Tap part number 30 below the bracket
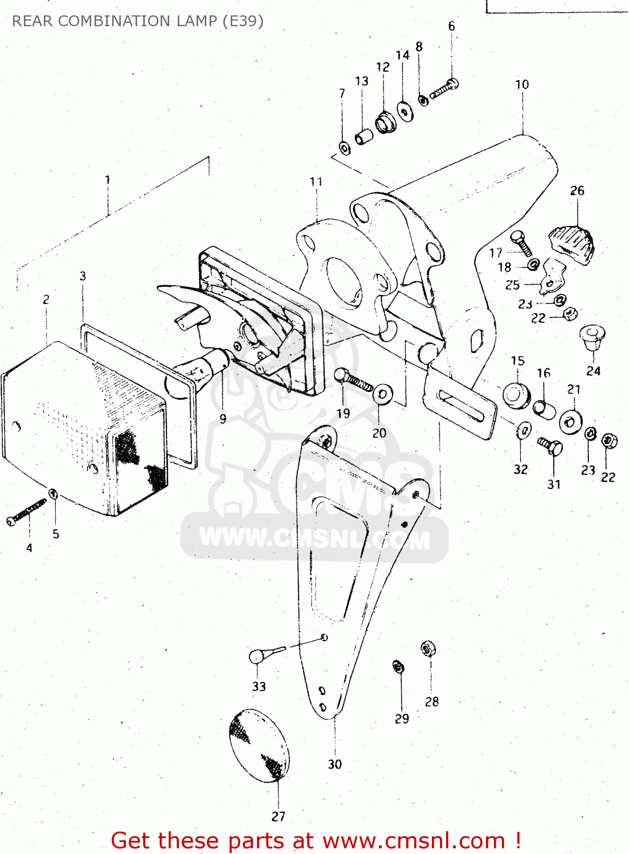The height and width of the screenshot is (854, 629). [335, 765]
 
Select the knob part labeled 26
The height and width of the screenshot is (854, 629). [573, 244]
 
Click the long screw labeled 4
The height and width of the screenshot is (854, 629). [26, 512]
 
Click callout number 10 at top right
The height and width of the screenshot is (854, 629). [522, 85]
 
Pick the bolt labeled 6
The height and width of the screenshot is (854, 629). [445, 88]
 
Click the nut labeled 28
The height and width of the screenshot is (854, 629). [428, 648]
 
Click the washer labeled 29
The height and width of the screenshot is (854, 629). [399, 666]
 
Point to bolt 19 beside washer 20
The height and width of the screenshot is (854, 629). [353, 379]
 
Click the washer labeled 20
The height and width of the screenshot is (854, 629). [382, 393]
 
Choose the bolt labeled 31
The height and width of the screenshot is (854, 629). [551, 447]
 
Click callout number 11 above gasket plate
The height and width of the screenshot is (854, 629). [316, 182]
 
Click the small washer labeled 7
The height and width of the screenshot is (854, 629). [345, 148]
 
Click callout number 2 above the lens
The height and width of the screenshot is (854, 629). [46, 299]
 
